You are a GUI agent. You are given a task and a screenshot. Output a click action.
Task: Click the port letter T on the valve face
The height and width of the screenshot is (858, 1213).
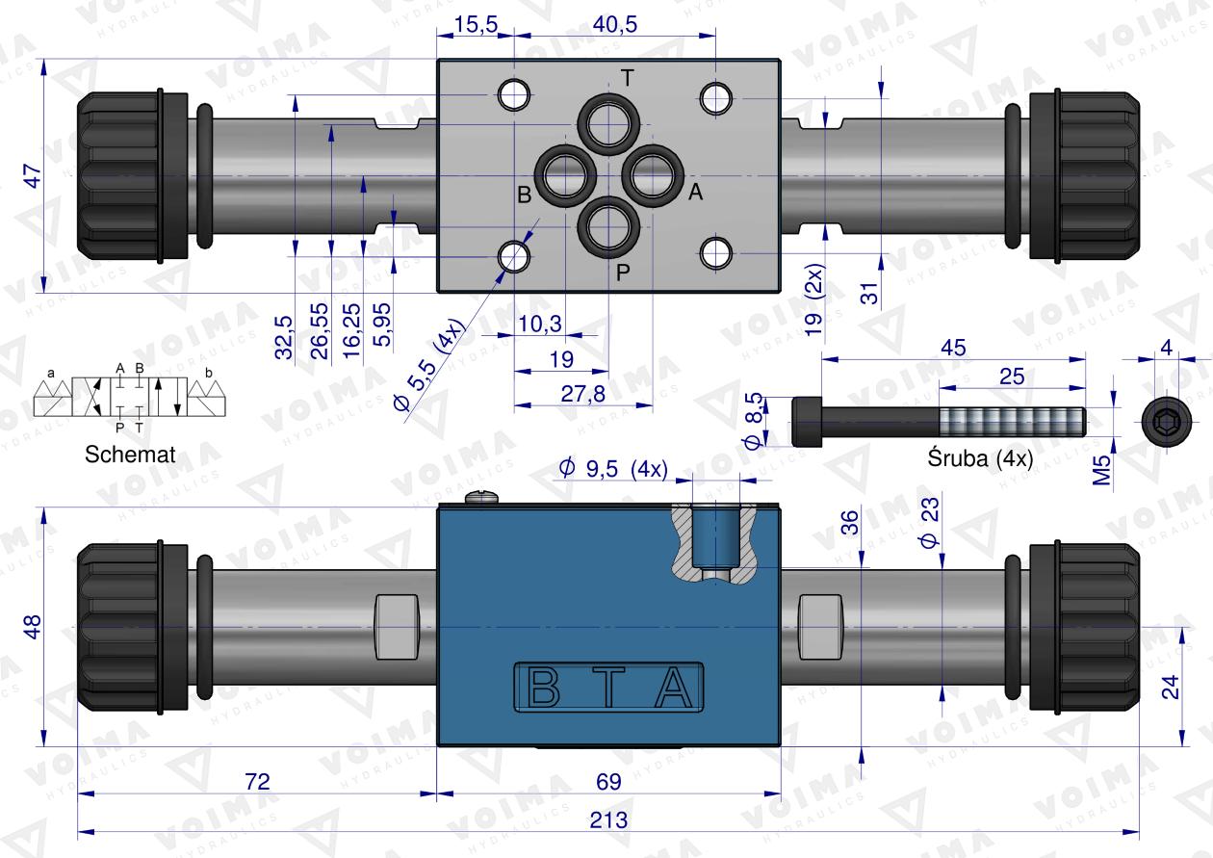tap(627, 79)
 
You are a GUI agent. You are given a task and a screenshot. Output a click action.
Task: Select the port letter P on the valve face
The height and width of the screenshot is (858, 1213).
tap(623, 273)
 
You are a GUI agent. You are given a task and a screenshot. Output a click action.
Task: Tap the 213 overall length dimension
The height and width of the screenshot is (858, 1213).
tap(608, 820)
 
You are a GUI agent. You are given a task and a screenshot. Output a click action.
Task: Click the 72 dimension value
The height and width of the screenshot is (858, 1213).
tap(257, 782)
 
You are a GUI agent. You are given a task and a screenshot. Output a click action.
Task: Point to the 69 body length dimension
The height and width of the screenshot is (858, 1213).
tap(608, 782)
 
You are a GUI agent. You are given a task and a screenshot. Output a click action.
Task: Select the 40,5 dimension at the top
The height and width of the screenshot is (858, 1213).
tap(615, 24)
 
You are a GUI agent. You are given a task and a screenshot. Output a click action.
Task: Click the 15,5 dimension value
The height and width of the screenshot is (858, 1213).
tap(476, 24)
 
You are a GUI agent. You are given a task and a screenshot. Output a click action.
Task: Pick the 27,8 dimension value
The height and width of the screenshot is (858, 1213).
tap(582, 394)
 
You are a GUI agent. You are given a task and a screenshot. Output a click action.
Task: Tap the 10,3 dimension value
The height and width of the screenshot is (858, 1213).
tap(540, 324)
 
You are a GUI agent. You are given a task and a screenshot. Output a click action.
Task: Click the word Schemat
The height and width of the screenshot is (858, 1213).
tap(130, 455)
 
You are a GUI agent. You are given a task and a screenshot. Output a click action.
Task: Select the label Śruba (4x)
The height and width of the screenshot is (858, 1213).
tap(981, 458)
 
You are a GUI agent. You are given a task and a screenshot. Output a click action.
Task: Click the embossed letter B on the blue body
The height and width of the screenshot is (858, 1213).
tap(543, 688)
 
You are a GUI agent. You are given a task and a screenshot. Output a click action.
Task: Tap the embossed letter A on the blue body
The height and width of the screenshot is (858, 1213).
tap(674, 688)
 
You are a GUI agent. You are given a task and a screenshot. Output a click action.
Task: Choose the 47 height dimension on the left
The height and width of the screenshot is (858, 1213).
tap(33, 176)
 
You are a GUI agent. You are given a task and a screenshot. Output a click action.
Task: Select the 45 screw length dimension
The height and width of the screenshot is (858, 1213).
tap(953, 348)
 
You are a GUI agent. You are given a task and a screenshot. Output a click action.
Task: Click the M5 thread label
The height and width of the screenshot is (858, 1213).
tap(1102, 470)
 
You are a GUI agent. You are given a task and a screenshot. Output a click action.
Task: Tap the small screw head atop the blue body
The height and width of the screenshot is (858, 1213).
tap(481, 497)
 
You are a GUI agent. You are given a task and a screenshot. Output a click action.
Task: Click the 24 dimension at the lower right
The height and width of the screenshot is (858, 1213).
tap(1171, 687)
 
